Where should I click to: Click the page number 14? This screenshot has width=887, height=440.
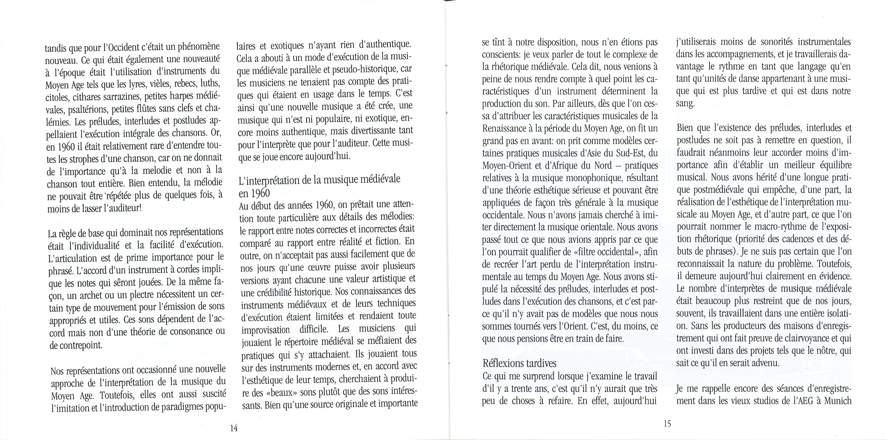(234, 428)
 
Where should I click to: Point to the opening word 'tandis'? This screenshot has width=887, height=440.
(56, 47)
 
